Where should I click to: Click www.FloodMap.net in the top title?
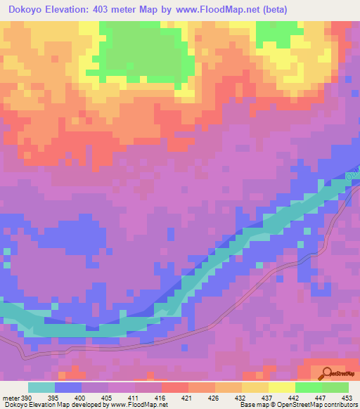(x=229, y=10)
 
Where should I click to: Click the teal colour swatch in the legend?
(x=41, y=387)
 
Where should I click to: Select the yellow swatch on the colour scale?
(x=281, y=387)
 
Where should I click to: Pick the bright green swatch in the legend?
(x=308, y=387)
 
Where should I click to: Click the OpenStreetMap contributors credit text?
(x=310, y=405)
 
